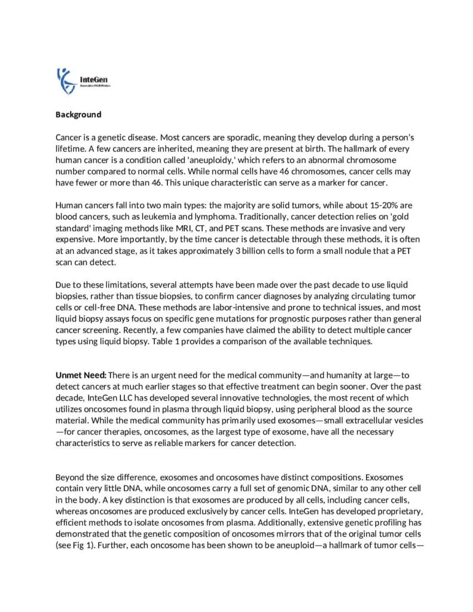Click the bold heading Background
coord(78,114)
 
